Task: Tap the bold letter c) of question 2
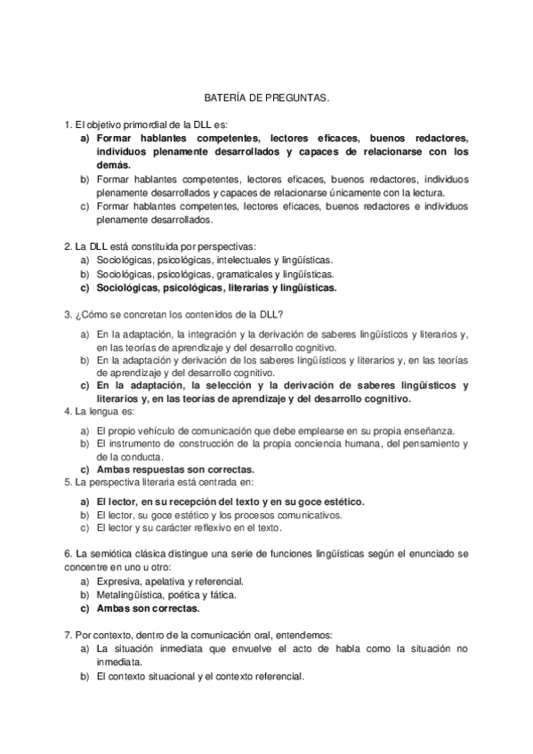click(85, 288)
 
